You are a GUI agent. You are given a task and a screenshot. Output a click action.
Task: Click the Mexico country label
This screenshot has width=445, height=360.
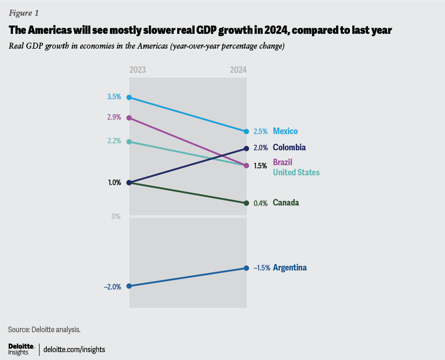click(285, 131)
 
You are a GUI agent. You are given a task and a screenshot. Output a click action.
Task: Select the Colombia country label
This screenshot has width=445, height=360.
click(289, 148)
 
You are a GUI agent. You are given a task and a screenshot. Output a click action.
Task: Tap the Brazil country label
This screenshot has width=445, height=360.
click(282, 162)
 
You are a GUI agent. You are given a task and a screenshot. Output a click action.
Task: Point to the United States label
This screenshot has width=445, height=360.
click(296, 173)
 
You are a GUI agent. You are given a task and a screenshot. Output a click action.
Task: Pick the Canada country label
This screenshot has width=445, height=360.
click(286, 203)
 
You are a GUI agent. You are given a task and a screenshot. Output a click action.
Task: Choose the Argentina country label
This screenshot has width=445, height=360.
click(290, 268)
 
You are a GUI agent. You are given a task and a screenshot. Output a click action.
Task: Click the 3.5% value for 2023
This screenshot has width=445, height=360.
click(114, 97)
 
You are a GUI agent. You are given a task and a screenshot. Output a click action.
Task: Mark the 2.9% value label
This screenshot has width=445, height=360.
click(114, 117)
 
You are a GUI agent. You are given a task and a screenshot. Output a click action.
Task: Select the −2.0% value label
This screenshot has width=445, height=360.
click(113, 287)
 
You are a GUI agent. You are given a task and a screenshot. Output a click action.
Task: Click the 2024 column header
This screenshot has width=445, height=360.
click(238, 70)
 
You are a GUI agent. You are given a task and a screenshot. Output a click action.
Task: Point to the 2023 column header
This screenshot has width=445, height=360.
click(138, 70)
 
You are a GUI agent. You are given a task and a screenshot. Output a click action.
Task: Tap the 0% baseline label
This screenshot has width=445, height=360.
click(116, 217)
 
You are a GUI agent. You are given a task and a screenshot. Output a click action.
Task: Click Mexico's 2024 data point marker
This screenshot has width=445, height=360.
click(247, 132)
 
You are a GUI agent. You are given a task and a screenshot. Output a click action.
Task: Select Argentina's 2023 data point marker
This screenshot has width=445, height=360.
click(129, 286)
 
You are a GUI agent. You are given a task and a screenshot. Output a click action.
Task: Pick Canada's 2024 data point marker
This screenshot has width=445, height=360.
click(247, 203)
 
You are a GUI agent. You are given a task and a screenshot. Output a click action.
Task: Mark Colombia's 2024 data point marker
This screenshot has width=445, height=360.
click(247, 148)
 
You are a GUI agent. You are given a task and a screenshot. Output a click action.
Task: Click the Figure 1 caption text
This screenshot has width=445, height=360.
click(24, 13)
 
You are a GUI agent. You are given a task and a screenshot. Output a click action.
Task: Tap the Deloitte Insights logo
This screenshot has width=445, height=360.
click(21, 349)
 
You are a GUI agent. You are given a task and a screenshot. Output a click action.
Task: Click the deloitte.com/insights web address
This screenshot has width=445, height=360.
click(74, 349)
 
